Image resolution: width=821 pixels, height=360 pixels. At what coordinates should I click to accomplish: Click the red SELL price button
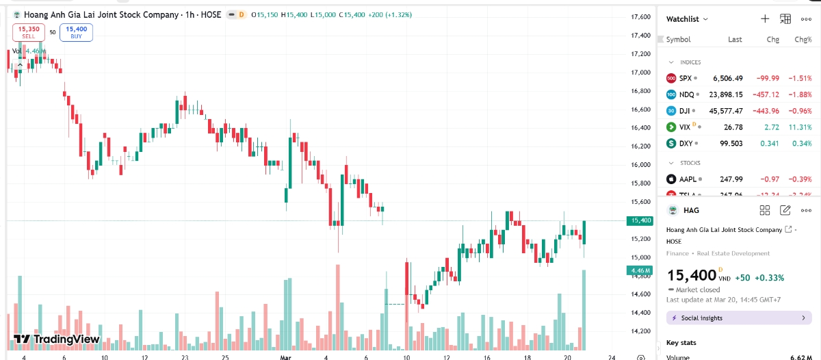tap(29, 32)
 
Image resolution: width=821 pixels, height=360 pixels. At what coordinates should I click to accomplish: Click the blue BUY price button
tap(76, 32)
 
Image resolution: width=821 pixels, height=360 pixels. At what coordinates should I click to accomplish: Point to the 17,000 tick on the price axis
tap(640, 72)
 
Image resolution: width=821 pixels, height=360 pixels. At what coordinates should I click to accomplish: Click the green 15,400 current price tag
tap(640, 220)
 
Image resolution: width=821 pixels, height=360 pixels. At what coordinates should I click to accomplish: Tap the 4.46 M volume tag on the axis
tap(640, 270)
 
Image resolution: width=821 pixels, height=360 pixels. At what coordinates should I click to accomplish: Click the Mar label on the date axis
tap(285, 357)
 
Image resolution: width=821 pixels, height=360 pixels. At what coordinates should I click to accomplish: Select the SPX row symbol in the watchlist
tap(686, 78)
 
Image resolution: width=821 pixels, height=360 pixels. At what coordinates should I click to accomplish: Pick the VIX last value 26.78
tap(732, 127)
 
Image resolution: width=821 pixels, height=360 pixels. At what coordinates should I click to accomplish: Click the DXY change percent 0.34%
tap(801, 144)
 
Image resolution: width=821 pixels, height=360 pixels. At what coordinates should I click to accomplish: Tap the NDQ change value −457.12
tap(766, 94)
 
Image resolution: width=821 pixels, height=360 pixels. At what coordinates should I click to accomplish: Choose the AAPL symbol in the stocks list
tap(688, 179)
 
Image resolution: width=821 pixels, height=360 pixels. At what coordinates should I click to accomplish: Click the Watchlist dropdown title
tap(687, 19)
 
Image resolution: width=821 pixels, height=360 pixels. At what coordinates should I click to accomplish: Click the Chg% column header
tap(803, 40)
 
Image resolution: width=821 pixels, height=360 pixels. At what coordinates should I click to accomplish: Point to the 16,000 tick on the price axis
tap(640, 164)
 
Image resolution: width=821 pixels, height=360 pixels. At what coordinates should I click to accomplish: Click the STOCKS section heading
tap(690, 163)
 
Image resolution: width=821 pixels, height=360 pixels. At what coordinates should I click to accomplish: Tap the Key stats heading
tap(681, 342)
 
